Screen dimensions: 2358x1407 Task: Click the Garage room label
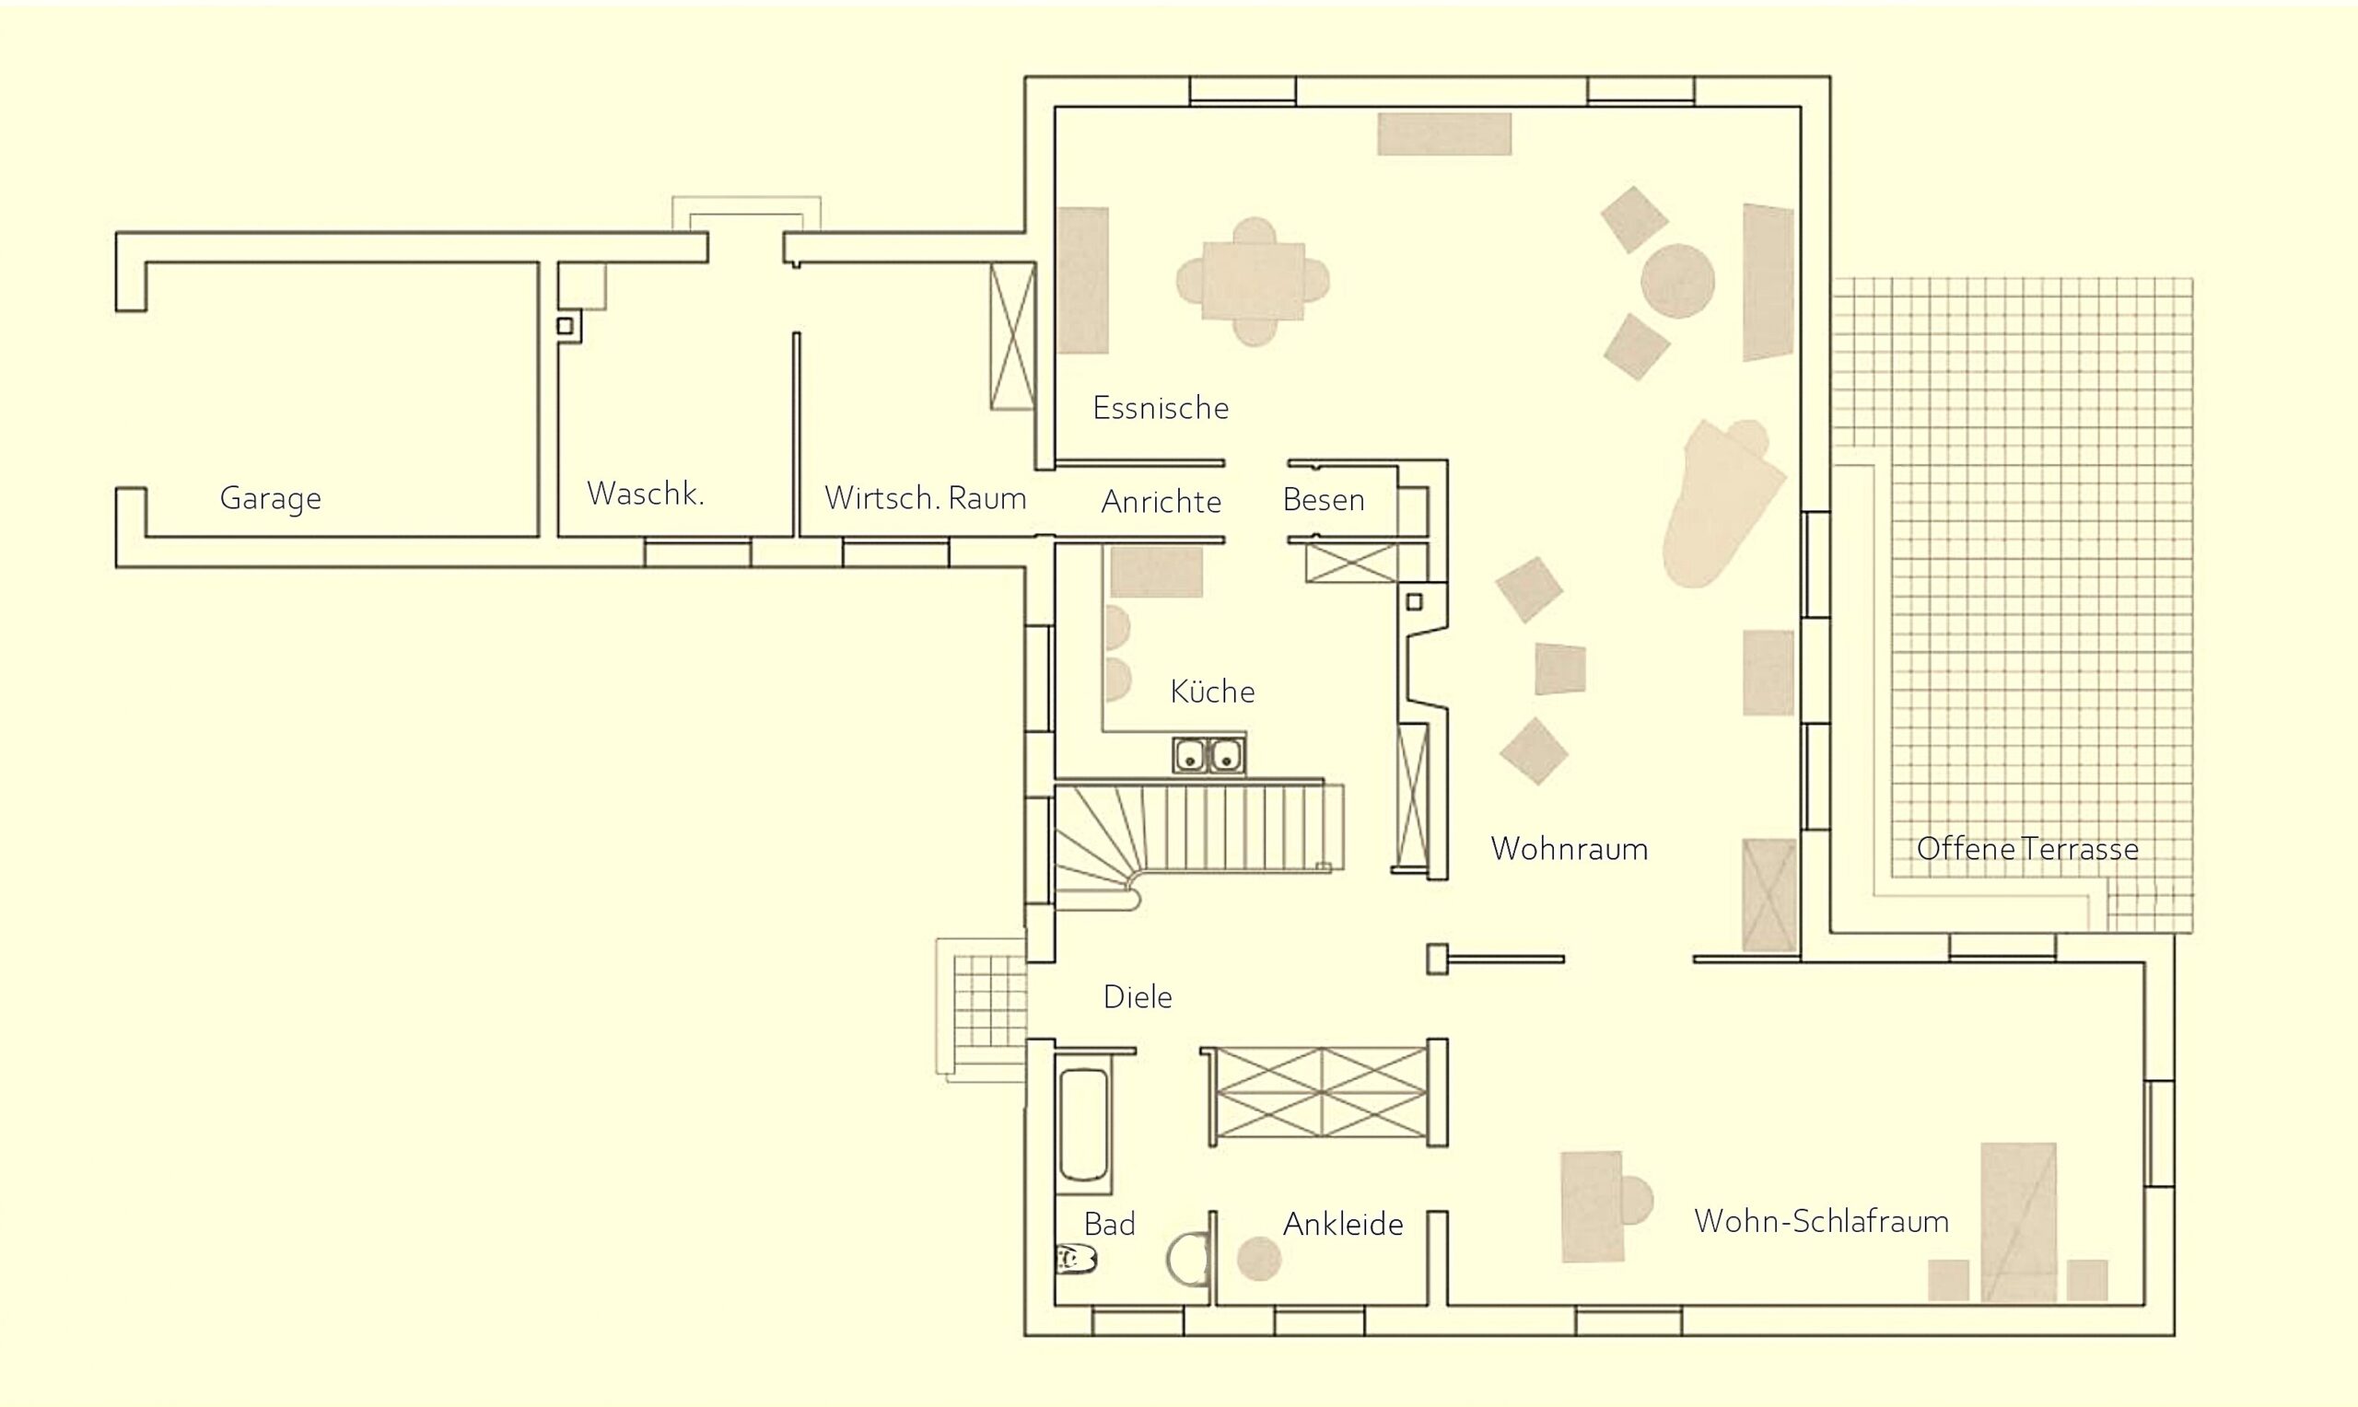[x=270, y=498]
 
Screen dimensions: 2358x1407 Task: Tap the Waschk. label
[x=646, y=493]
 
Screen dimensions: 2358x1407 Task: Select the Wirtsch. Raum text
[x=926, y=498]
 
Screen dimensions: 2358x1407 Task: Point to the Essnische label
[x=1161, y=408]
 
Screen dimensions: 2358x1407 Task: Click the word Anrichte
[x=1161, y=502]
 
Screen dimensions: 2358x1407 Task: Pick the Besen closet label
[x=1324, y=500]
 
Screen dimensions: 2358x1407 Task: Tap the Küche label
[x=1213, y=692]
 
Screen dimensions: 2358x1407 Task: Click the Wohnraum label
[x=1570, y=849]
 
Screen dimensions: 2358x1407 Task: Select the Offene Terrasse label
[x=2028, y=849]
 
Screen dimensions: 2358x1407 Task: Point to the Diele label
[x=1138, y=996]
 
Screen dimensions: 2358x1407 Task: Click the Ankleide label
[x=1343, y=1224]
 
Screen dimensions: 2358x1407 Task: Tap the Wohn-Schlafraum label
[x=1821, y=1221]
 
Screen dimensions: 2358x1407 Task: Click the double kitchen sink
[x=1208, y=755]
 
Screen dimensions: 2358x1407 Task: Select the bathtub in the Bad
[x=1084, y=1125]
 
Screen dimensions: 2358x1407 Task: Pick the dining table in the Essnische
[x=1254, y=282]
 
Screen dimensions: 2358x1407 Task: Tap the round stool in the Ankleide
[x=1259, y=1259]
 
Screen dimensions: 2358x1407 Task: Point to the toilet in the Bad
[x=1076, y=1259]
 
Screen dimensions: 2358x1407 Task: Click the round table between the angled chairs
[x=1677, y=281]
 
